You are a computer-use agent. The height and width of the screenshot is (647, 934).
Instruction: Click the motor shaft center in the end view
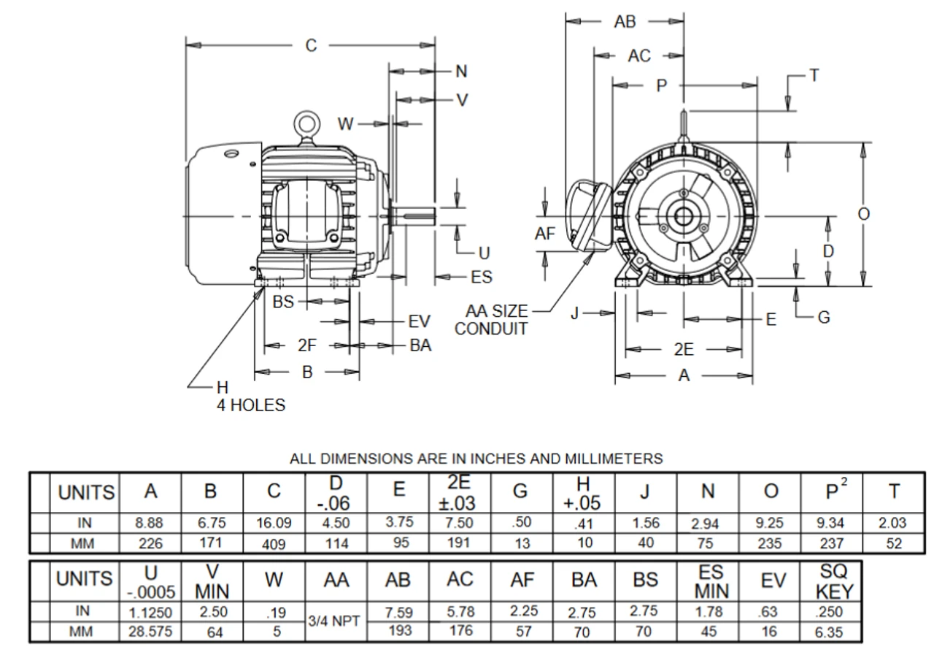pyautogui.click(x=684, y=217)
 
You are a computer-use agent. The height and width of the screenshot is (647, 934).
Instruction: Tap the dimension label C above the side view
pyautogui.click(x=312, y=45)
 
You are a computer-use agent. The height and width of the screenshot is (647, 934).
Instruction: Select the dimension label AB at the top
pyautogui.click(x=625, y=22)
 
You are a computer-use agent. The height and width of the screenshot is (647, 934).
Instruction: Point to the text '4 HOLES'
pyautogui.click(x=250, y=405)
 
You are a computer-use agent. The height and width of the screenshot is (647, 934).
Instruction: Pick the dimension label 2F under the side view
pyautogui.click(x=307, y=346)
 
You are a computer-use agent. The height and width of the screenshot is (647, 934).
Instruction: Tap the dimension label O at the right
pyautogui.click(x=863, y=214)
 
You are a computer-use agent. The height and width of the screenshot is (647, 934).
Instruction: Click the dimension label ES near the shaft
pyautogui.click(x=482, y=277)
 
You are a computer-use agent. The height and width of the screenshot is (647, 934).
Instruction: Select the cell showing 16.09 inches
pyautogui.click(x=274, y=523)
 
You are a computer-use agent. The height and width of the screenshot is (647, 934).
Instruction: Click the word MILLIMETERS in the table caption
pyautogui.click(x=614, y=459)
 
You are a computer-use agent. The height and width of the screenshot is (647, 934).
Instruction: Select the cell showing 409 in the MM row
pyautogui.click(x=274, y=543)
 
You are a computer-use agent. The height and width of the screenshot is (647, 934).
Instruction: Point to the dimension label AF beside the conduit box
pyautogui.click(x=545, y=234)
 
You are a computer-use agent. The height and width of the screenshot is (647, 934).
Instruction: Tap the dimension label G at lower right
pyautogui.click(x=824, y=318)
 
